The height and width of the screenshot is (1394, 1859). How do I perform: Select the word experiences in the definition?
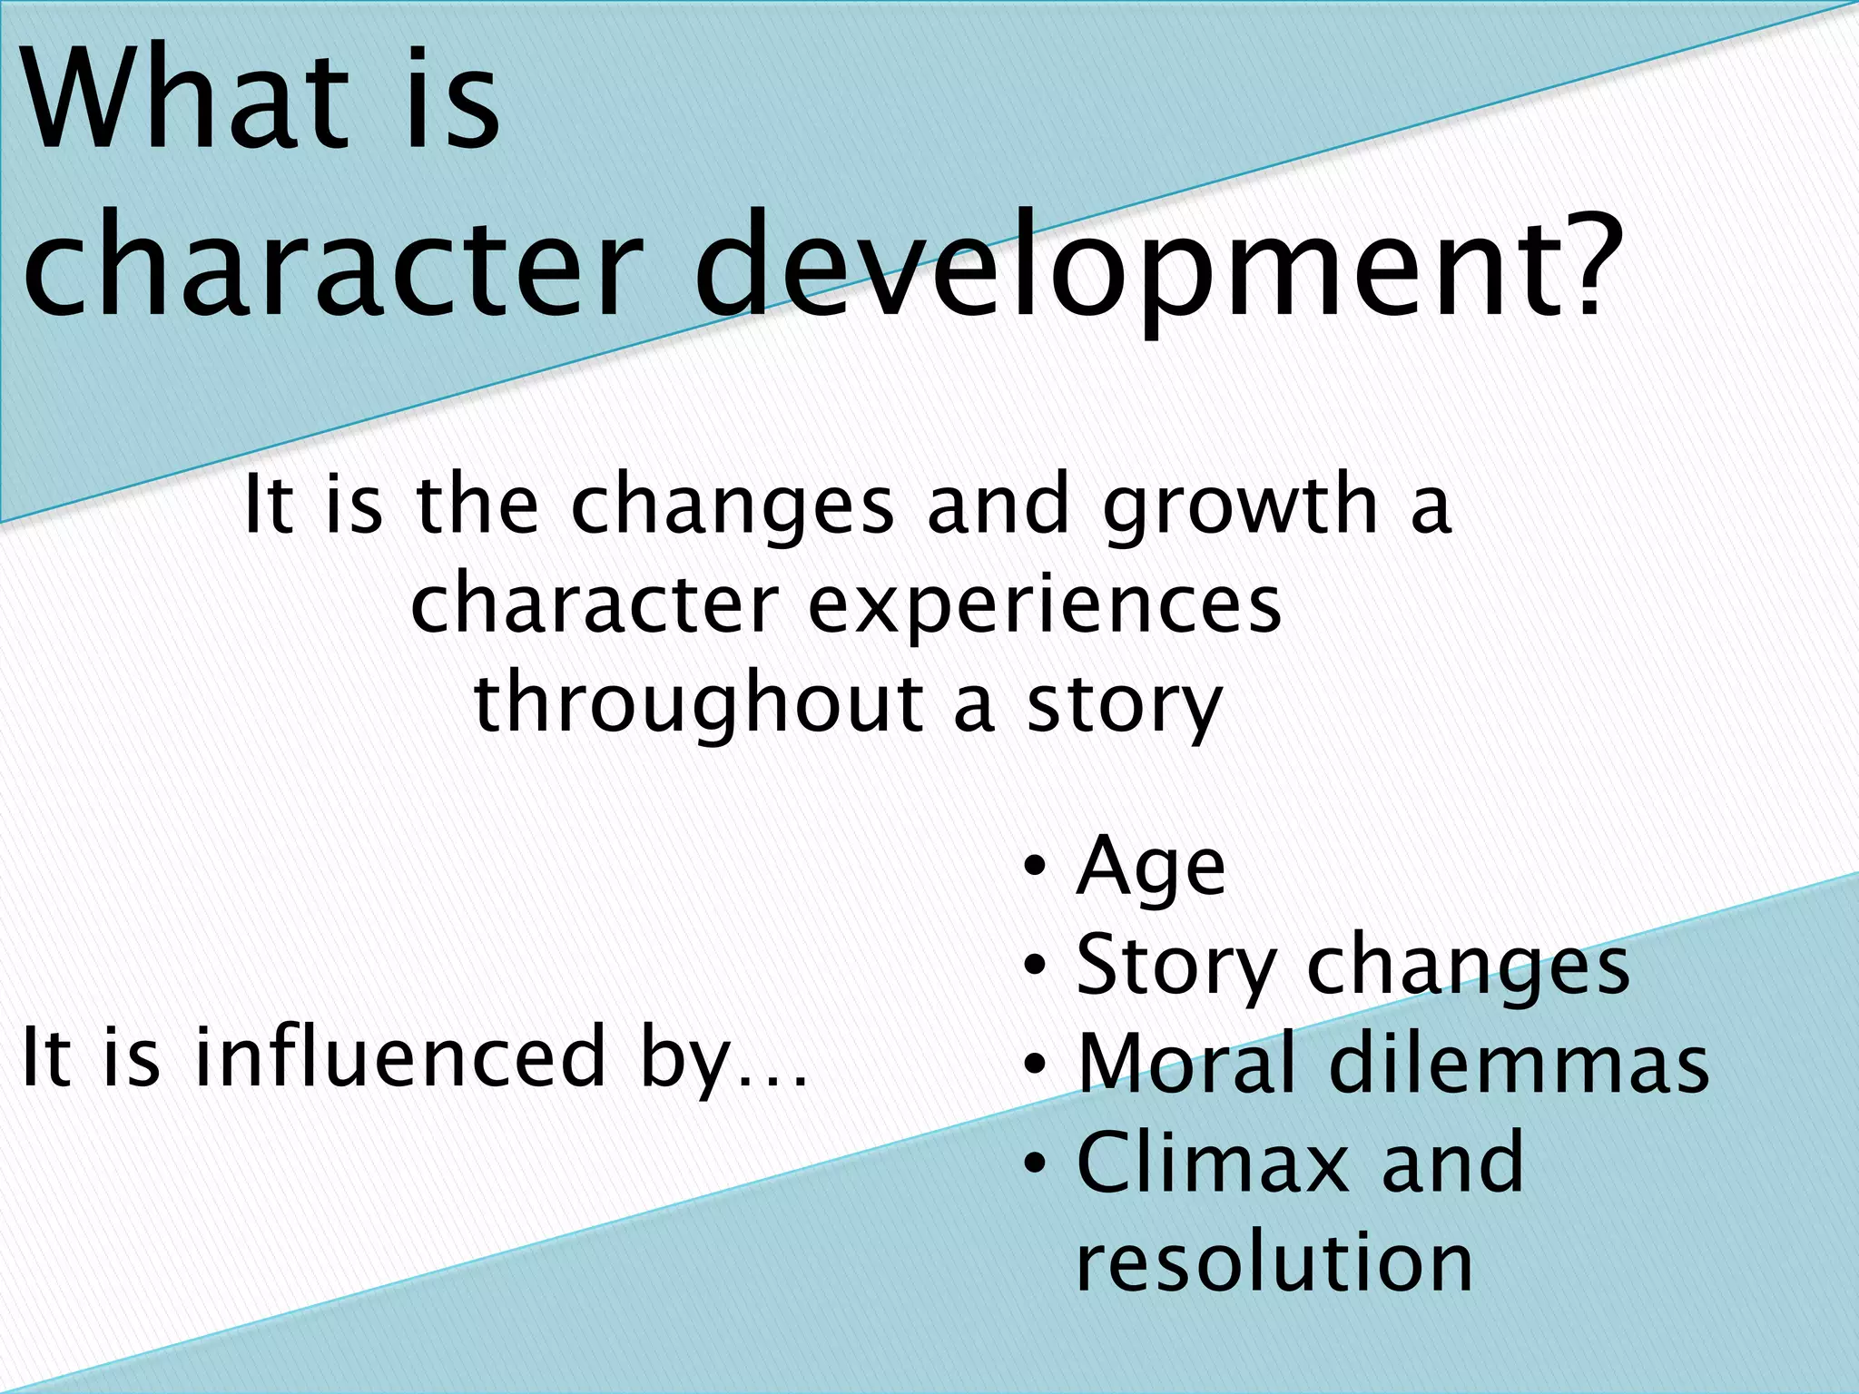1044,606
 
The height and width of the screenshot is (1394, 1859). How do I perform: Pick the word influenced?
399,1056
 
